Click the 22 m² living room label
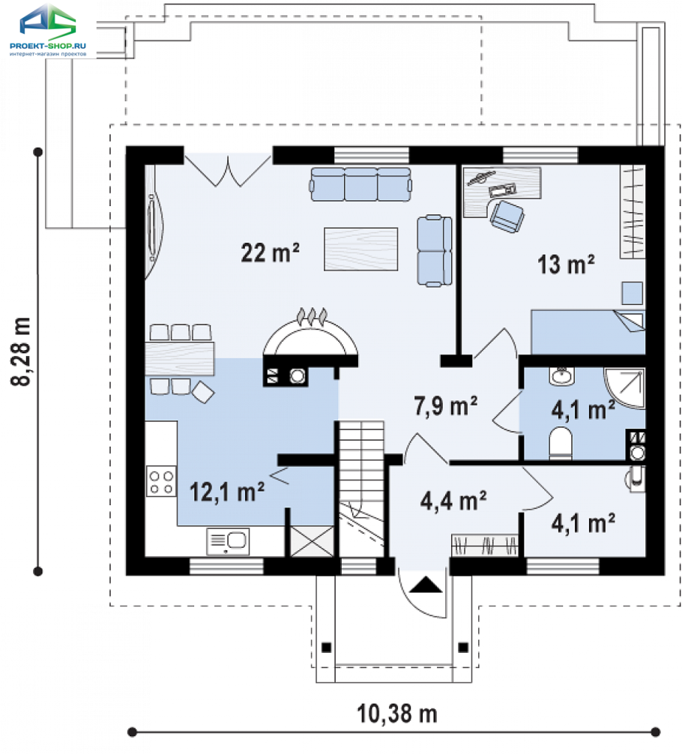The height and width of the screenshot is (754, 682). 270,253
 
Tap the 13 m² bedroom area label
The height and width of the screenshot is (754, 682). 566,265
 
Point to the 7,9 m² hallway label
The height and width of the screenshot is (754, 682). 445,406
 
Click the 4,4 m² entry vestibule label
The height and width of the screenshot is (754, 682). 453,501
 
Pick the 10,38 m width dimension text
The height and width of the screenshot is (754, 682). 396,714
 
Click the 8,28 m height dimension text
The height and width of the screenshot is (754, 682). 21,352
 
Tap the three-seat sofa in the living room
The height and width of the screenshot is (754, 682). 361,184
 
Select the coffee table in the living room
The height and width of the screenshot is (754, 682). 360,249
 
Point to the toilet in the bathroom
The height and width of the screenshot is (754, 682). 561,442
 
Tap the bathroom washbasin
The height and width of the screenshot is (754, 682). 562,376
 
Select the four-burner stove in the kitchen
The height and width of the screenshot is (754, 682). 161,482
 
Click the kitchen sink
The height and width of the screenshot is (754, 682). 228,541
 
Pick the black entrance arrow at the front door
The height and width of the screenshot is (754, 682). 426,585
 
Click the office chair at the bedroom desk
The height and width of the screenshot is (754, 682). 507,216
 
